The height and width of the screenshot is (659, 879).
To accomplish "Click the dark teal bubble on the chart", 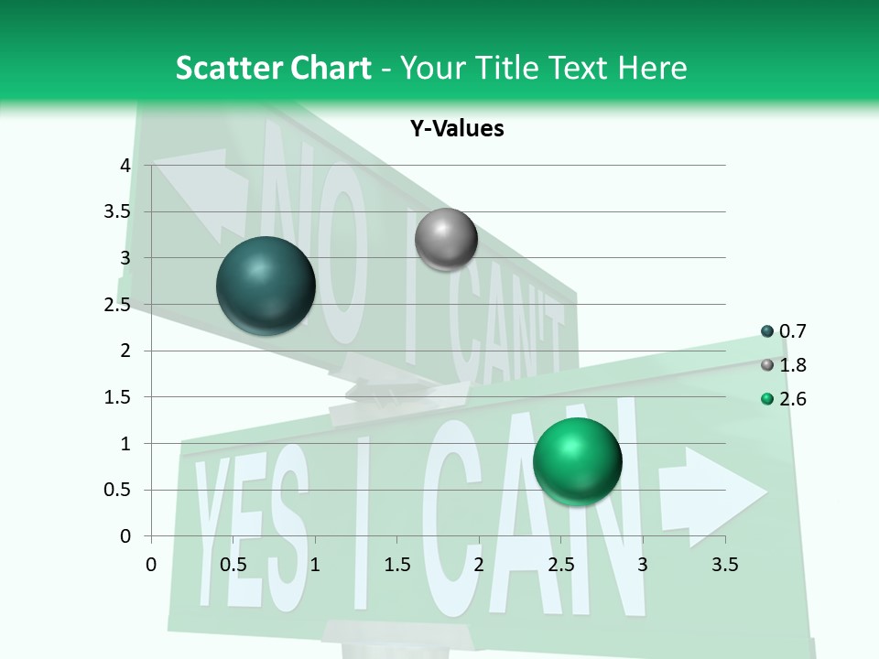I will click(x=266, y=286).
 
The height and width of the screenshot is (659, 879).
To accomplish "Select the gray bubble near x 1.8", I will click(x=446, y=239).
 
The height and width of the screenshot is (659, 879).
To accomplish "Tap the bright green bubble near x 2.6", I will click(x=577, y=461).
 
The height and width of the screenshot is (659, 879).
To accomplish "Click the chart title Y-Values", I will click(x=456, y=129).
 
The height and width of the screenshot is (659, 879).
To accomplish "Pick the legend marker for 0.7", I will click(x=767, y=331).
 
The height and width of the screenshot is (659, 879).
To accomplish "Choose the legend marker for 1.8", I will click(x=767, y=365).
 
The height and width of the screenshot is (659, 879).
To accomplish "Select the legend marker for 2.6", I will click(x=767, y=399).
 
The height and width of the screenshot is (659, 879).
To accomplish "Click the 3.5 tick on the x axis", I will click(x=724, y=565).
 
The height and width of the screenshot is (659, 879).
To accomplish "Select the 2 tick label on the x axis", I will click(x=479, y=565).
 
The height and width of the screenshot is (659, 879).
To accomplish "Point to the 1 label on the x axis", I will click(x=315, y=565).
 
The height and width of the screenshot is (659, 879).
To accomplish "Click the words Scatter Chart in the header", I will click(x=273, y=68).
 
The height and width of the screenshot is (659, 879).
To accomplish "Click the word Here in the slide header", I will click(x=652, y=68).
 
